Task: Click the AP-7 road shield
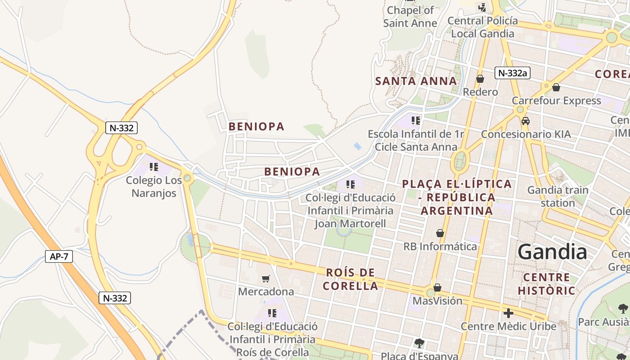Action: tap(59, 256)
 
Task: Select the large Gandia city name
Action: tap(553, 252)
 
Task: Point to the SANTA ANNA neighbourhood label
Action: tap(416, 81)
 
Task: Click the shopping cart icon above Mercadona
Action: tap(265, 279)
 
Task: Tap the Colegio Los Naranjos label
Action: tap(154, 187)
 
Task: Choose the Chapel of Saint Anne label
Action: tap(410, 17)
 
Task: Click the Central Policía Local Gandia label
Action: tap(482, 27)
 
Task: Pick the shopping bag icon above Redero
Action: tap(480, 79)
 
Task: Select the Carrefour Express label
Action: tap(556, 100)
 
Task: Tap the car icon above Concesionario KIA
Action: tap(525, 121)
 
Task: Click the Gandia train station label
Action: tap(558, 196)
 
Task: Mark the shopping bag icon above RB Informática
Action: tap(440, 233)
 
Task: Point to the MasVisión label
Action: tap(437, 301)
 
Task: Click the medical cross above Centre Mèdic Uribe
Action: tap(508, 313)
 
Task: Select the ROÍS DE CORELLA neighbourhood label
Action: tap(351, 279)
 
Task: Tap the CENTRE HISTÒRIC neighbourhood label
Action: tap(546, 283)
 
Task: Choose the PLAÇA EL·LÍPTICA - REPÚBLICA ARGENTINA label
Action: tap(457, 197)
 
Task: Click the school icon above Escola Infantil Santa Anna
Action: tap(416, 120)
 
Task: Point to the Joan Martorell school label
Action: tap(351, 211)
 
